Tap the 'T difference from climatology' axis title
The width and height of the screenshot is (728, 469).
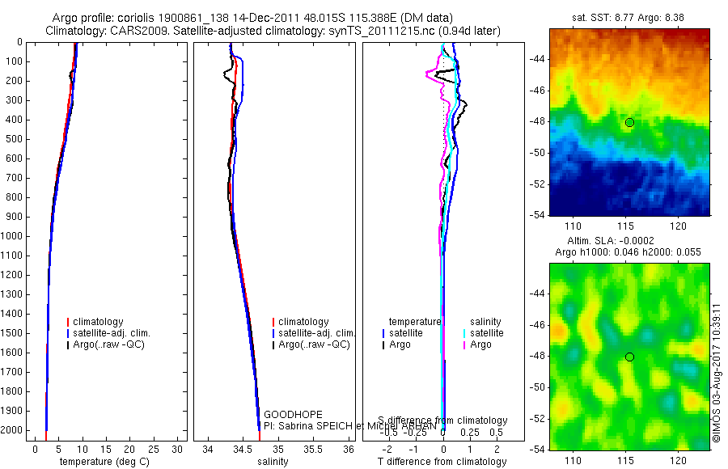(x=442, y=462)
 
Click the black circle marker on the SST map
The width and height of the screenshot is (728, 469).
(x=629, y=122)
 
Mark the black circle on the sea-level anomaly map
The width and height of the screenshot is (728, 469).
(x=629, y=357)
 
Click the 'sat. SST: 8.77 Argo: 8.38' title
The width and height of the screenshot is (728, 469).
(x=629, y=15)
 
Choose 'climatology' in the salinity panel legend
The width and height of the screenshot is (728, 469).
(x=303, y=322)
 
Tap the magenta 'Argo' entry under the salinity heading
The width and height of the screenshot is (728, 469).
(x=480, y=344)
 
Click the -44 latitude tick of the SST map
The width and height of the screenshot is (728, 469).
(x=537, y=60)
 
